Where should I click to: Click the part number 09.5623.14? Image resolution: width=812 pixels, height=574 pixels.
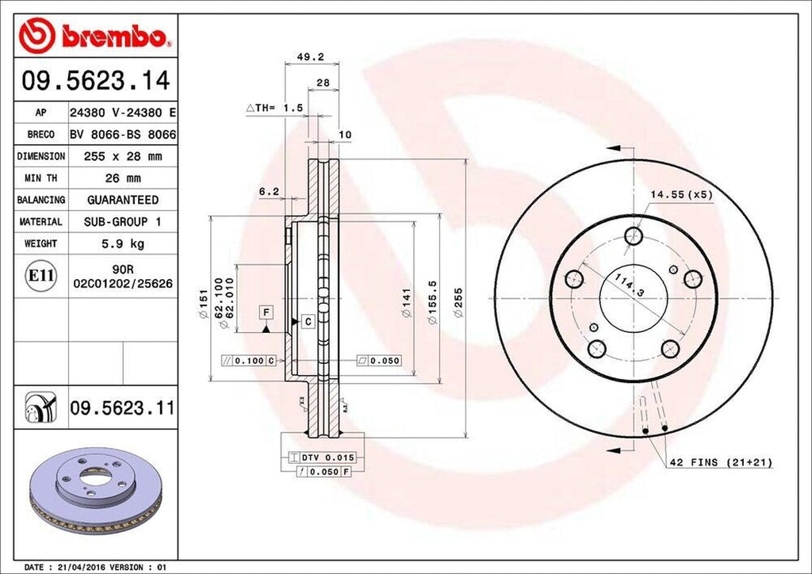pyautogui.click(x=95, y=80)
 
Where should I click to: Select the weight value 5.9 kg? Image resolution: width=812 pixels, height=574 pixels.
pyautogui.click(x=122, y=243)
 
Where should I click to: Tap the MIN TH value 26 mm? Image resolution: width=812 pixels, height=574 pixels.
pyautogui.click(x=122, y=178)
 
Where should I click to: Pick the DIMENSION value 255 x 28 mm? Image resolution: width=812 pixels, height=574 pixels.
pyautogui.click(x=122, y=157)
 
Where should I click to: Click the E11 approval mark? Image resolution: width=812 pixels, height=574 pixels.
pyautogui.click(x=42, y=276)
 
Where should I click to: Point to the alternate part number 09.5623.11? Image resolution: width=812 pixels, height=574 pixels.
pyautogui.click(x=121, y=409)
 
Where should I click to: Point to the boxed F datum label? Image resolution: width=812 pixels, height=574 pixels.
pyautogui.click(x=266, y=312)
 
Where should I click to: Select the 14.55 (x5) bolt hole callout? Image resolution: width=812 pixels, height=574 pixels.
pyautogui.click(x=682, y=193)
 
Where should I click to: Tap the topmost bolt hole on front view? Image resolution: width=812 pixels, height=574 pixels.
pyautogui.click(x=633, y=235)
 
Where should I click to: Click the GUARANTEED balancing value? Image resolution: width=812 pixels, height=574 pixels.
pyautogui.click(x=122, y=200)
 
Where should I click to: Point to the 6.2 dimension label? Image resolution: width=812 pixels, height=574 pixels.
pyautogui.click(x=269, y=191)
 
